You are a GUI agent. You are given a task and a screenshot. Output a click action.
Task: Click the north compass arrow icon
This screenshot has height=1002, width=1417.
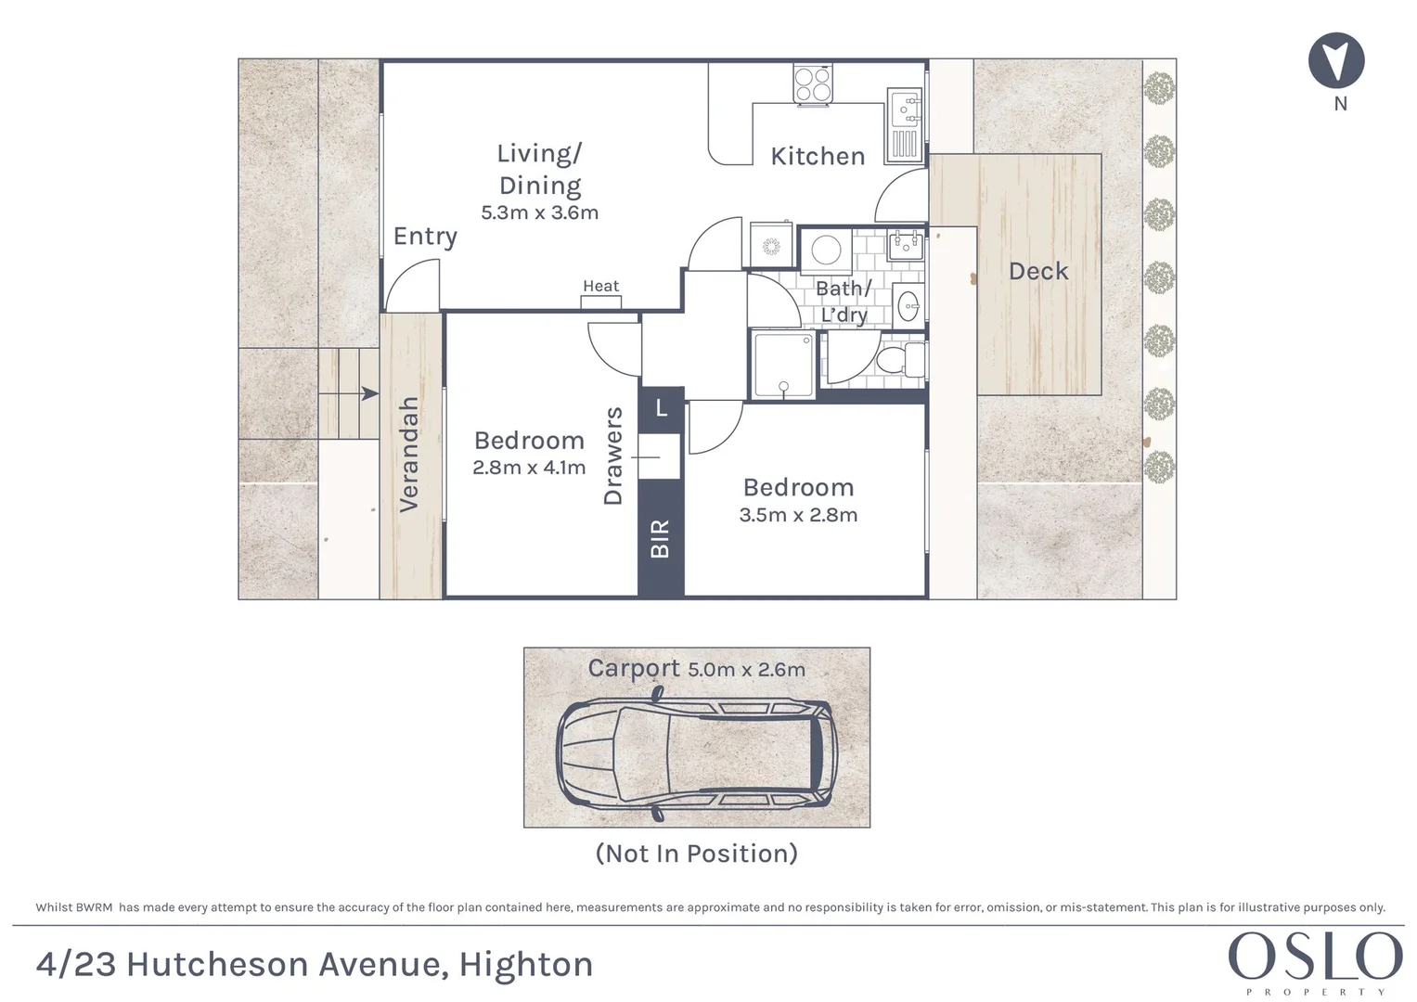pos(1336,61)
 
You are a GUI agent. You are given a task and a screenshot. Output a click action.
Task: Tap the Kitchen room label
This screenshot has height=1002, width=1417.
pos(818,157)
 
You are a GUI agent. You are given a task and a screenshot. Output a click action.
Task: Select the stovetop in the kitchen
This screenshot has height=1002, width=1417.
pos(813,83)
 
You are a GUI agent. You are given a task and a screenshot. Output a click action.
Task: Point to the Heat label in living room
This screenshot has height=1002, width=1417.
pos(600,287)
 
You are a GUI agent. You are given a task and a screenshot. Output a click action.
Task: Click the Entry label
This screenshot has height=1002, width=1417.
pos(425,237)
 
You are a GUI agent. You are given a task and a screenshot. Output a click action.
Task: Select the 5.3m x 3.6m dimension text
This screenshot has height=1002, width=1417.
pos(539,212)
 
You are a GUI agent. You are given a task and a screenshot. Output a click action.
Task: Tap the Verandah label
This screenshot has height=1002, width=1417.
pos(408,455)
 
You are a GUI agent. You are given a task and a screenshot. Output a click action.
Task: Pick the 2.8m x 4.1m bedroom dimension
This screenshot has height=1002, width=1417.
pos(529,468)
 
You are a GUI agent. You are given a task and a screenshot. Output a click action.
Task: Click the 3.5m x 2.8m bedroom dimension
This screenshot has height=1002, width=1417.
pos(798,515)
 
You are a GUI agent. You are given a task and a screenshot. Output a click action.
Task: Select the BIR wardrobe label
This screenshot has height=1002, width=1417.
pos(660,539)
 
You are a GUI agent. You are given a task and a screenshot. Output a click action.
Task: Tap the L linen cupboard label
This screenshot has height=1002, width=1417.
pos(661,407)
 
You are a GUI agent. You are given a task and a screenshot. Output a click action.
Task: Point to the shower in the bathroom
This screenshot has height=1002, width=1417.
pos(783,366)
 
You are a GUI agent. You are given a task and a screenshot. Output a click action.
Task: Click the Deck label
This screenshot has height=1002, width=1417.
pos(1038,272)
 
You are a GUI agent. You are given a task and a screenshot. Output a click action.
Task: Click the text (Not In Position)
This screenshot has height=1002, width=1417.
pos(696,854)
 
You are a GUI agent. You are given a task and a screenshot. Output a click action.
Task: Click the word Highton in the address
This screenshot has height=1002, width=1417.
pos(526,965)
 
